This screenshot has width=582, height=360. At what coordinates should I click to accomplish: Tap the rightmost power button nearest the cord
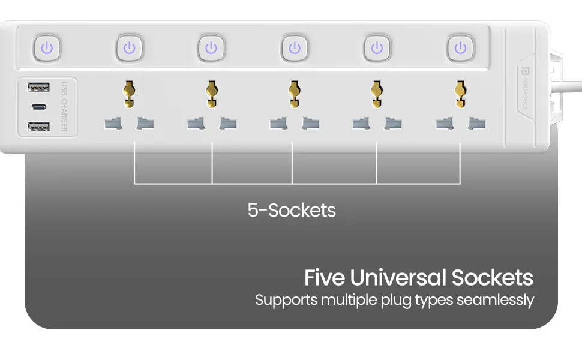461,48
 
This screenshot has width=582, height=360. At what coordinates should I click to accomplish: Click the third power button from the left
211,48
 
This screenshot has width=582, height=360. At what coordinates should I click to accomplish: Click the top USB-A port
38,87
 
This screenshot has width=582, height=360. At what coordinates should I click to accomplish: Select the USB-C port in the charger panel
39,107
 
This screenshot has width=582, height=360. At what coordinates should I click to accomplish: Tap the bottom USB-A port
38,127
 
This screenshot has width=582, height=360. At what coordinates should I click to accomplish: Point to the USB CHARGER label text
64,107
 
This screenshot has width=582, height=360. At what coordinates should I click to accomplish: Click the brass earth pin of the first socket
129,94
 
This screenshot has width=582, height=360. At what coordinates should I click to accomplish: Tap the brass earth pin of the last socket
461,94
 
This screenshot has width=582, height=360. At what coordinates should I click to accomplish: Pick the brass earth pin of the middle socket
295,94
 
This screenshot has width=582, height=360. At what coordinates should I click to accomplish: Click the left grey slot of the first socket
113,124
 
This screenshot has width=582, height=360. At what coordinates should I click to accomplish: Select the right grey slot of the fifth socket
476,124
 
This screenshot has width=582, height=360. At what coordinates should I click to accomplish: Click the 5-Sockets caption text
292,210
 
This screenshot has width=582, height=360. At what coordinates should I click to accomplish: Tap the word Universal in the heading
398,278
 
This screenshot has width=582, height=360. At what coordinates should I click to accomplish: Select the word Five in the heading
325,278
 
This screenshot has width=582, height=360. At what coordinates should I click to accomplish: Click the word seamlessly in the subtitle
495,300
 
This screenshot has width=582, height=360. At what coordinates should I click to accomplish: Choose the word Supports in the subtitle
286,301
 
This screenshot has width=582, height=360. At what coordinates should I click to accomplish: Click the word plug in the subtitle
397,301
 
